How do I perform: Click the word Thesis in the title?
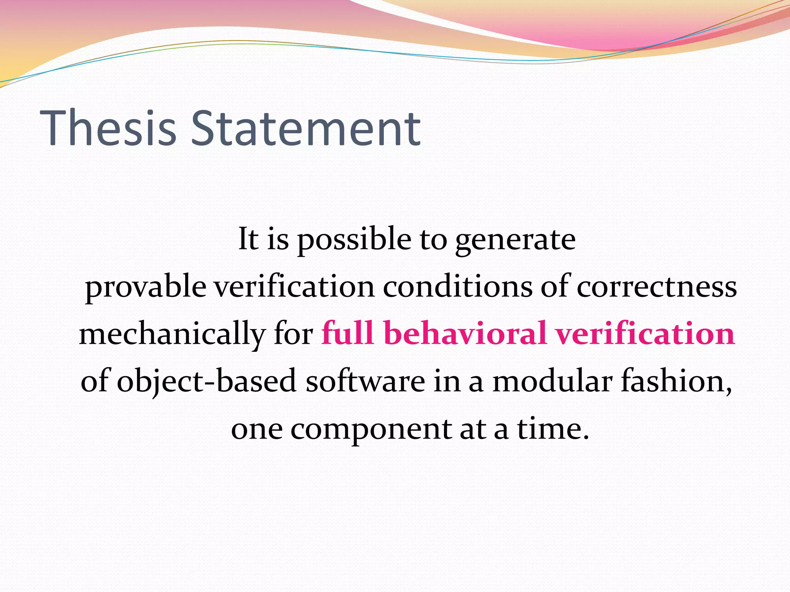(108, 128)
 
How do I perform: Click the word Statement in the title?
(306, 128)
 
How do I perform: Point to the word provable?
(145, 287)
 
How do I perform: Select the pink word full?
(348, 333)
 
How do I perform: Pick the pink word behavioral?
(465, 333)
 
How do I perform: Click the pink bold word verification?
(645, 333)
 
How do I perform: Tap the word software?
(365, 381)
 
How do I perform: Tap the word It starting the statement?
(248, 239)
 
